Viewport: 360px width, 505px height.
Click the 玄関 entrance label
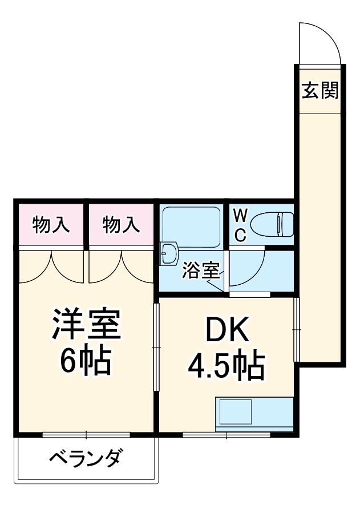pyautogui.click(x=319, y=91)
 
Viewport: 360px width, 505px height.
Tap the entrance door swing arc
pyautogui.click(x=322, y=43)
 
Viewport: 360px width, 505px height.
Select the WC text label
pyautogui.click(x=241, y=225)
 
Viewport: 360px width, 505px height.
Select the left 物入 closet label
pyautogui.click(x=51, y=225)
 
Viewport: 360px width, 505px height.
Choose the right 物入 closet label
pyautogui.click(x=121, y=225)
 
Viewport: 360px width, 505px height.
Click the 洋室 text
pyautogui.click(x=86, y=325)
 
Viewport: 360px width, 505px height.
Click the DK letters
pyautogui.click(x=226, y=332)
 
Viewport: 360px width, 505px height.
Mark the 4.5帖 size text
pyautogui.click(x=226, y=366)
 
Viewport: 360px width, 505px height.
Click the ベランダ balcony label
pyautogui.click(x=86, y=458)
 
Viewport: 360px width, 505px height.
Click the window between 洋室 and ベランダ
pyautogui.click(x=86, y=435)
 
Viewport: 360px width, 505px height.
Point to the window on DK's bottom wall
pyautogui.click(x=226, y=435)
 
